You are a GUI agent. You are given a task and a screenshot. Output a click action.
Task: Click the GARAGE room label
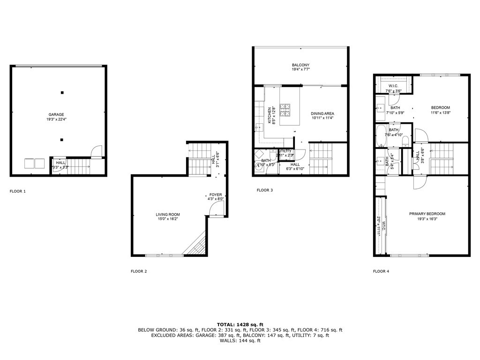point(56,114)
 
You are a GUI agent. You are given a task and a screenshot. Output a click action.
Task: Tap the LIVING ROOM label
point(168,214)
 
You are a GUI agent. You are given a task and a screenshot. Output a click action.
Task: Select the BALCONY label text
point(300,65)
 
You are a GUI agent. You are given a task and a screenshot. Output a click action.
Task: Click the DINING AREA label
point(322,113)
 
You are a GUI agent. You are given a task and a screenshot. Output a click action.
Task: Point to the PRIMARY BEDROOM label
point(427,214)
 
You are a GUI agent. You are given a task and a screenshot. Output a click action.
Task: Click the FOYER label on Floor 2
point(216,195)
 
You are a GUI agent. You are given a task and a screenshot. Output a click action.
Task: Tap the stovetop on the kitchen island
point(285,110)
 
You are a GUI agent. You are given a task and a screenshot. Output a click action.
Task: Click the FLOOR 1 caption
point(18,191)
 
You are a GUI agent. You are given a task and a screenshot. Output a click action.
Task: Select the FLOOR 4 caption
point(381,271)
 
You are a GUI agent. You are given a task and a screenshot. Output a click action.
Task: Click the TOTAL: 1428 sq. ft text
point(240,324)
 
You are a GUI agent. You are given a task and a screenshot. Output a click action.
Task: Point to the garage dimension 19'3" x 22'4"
point(56,120)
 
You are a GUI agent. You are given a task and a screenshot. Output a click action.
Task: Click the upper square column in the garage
point(62,92)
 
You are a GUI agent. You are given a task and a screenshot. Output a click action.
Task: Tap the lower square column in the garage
point(62,139)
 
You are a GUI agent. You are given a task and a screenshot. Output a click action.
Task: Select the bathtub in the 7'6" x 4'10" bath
point(381,136)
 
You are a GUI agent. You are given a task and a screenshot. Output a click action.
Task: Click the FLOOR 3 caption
point(264,190)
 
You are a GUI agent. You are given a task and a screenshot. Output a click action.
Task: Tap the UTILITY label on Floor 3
point(285,151)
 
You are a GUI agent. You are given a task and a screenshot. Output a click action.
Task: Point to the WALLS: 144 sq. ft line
point(240,340)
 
